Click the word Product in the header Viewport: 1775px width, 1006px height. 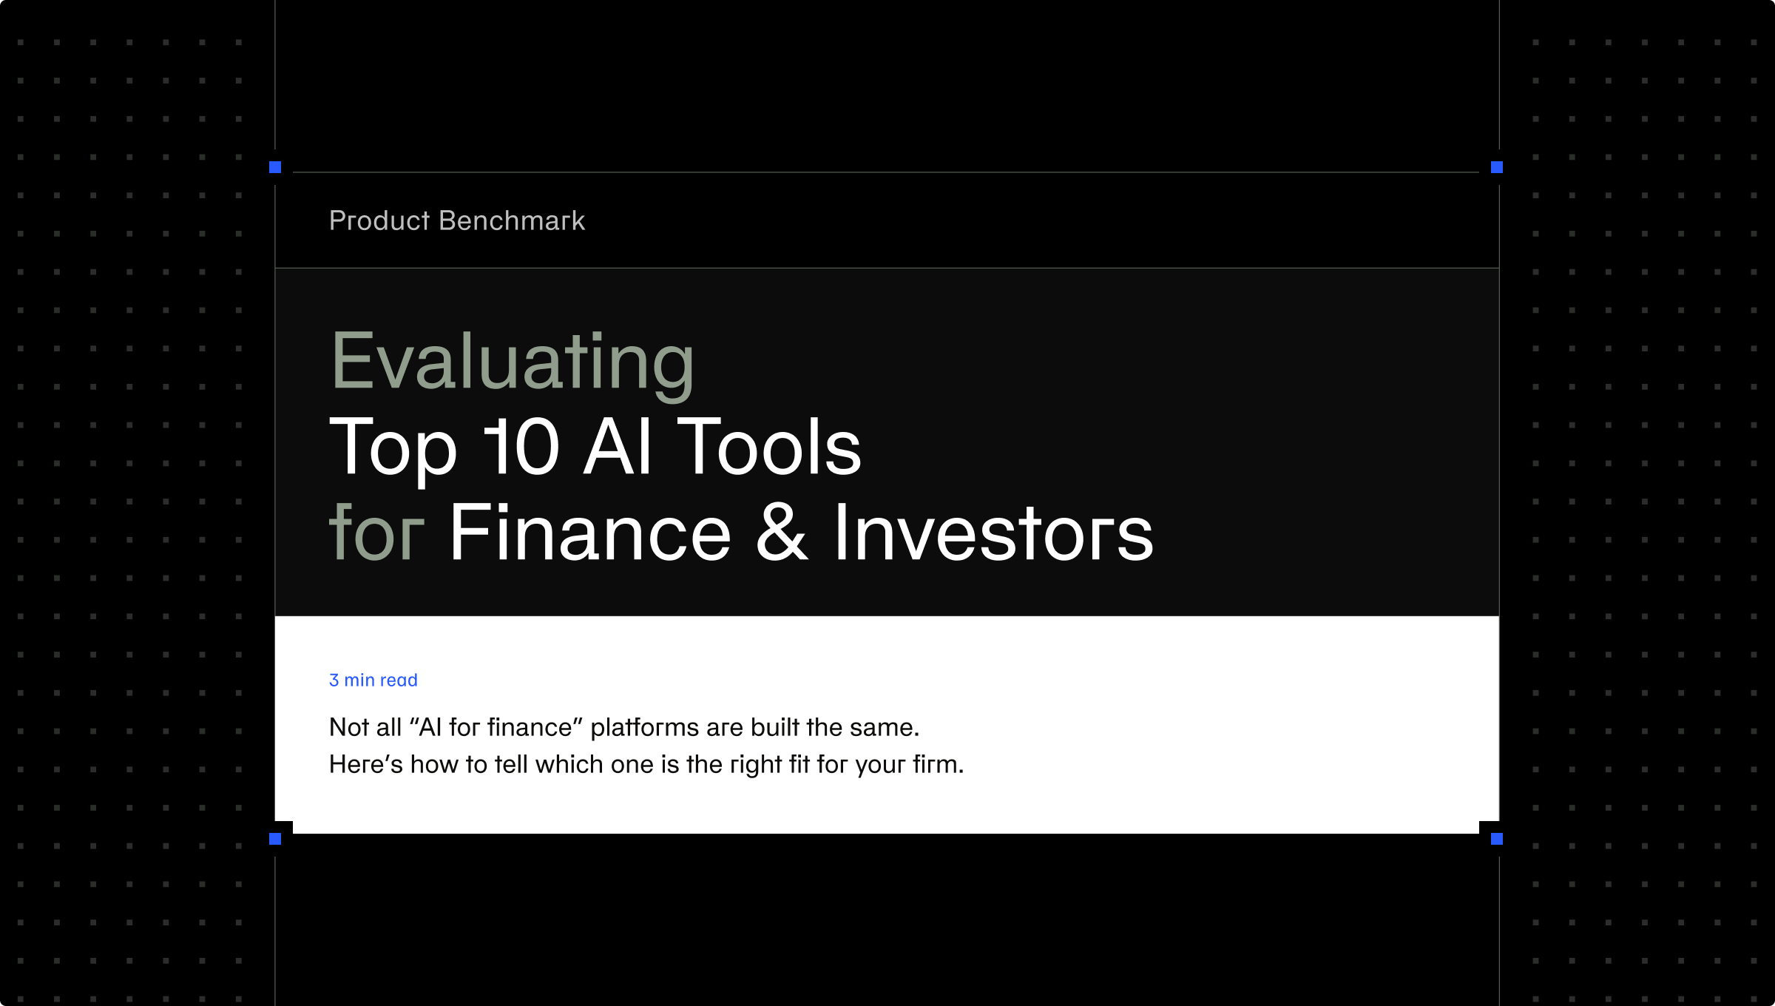[379, 220]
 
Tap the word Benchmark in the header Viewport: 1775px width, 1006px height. [512, 220]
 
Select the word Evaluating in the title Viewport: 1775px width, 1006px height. [513, 362]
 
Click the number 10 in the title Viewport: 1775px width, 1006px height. [521, 447]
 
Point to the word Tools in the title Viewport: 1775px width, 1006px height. [769, 447]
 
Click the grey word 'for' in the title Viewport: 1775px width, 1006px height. [376, 532]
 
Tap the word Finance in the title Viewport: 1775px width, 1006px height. [590, 532]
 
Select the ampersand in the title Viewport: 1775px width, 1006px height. [782, 532]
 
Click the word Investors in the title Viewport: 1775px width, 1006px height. [994, 532]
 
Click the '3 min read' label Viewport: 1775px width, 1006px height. [373, 680]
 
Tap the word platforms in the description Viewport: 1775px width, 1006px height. [645, 728]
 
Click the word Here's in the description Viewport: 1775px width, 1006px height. [366, 764]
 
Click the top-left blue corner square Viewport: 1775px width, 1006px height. [275, 167]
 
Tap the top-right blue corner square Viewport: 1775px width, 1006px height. [1497, 167]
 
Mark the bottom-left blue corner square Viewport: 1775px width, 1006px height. [275, 839]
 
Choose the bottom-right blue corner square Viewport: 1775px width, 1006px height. [1497, 839]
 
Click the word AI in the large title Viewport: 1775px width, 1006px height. [618, 447]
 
